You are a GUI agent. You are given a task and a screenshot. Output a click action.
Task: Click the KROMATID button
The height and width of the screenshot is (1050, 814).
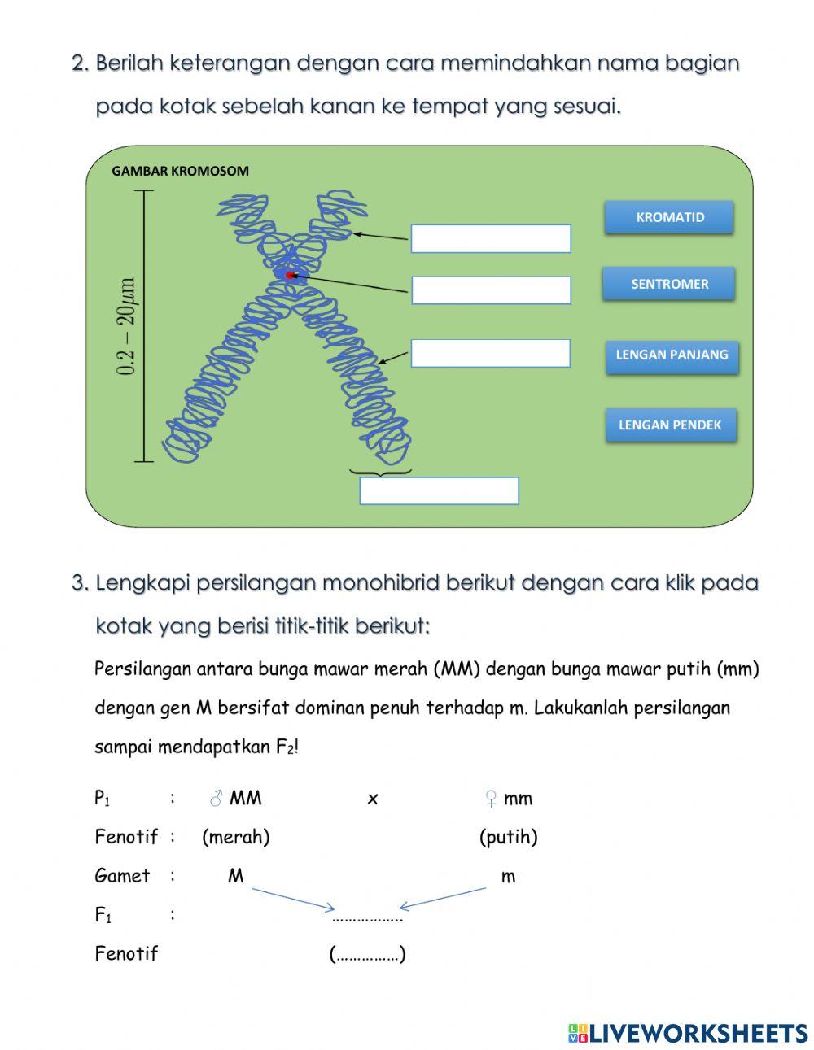(x=669, y=218)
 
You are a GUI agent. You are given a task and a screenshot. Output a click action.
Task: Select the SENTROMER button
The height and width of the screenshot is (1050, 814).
(x=669, y=284)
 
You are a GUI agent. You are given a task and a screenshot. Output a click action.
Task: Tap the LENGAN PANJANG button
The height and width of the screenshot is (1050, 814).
(x=672, y=355)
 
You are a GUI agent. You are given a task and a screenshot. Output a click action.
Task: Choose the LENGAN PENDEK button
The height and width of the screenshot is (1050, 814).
(x=670, y=425)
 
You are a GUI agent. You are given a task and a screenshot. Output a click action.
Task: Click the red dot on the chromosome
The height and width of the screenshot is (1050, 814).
(x=290, y=276)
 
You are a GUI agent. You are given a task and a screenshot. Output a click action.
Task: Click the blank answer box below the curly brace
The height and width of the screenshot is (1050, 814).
(x=439, y=491)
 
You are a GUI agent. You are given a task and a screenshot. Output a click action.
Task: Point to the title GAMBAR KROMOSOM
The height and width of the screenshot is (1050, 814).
(x=180, y=171)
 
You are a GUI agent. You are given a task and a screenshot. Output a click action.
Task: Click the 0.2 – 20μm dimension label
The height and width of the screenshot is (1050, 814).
(x=128, y=326)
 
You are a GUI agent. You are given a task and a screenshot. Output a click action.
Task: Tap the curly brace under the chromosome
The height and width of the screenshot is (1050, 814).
(x=380, y=471)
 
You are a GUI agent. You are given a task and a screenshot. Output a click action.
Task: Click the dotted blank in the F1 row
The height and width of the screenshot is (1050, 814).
(x=367, y=918)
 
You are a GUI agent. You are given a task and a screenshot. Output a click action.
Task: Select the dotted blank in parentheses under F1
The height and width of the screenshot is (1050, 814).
(x=367, y=954)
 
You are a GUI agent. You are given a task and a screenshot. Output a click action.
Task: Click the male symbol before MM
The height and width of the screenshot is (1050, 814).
(x=216, y=799)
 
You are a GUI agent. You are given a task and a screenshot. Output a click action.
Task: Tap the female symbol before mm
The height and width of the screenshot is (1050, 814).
(x=490, y=799)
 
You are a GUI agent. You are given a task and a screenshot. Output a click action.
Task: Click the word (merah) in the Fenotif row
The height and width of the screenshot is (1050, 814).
(x=235, y=837)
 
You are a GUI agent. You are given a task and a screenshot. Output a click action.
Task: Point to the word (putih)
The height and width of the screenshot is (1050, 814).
(x=508, y=837)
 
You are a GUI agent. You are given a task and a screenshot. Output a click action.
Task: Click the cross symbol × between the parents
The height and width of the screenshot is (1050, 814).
(x=373, y=799)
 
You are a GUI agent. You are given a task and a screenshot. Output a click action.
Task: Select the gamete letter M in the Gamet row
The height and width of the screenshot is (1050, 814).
(x=235, y=876)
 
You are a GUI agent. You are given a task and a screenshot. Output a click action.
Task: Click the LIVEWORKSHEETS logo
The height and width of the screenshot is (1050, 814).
(x=687, y=1033)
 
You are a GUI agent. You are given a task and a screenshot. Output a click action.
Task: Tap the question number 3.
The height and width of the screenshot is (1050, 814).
(x=79, y=583)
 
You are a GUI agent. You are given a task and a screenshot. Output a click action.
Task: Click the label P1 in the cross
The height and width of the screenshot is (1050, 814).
(x=103, y=799)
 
